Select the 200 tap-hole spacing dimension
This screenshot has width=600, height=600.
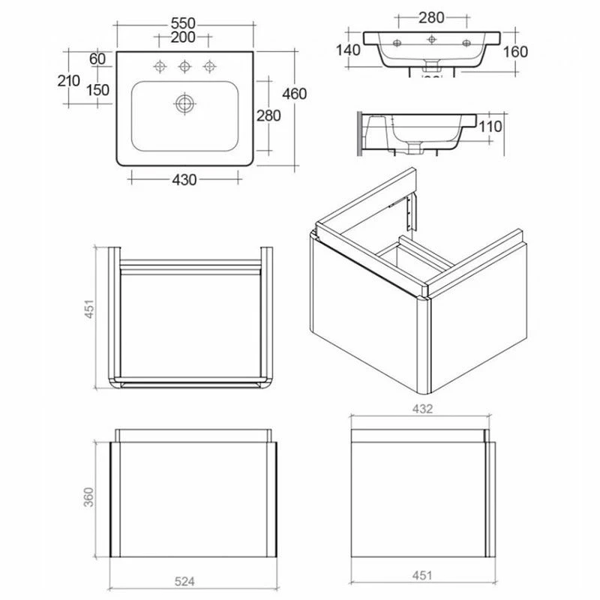click(183, 37)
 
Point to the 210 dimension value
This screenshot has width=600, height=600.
click(69, 80)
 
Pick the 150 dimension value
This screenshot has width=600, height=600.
click(97, 90)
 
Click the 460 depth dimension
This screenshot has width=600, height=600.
click(295, 94)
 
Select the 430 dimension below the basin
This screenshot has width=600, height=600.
click(184, 179)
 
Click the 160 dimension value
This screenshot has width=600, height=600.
click(516, 52)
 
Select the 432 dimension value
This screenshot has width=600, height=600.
click(421, 409)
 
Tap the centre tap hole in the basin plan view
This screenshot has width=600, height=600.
click(184, 68)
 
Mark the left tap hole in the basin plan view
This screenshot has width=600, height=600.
click(160, 68)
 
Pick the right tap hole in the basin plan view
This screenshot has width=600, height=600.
click(208, 68)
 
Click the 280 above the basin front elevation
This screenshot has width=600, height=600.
click(431, 16)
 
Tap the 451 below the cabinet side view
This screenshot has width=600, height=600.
click(421, 576)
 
